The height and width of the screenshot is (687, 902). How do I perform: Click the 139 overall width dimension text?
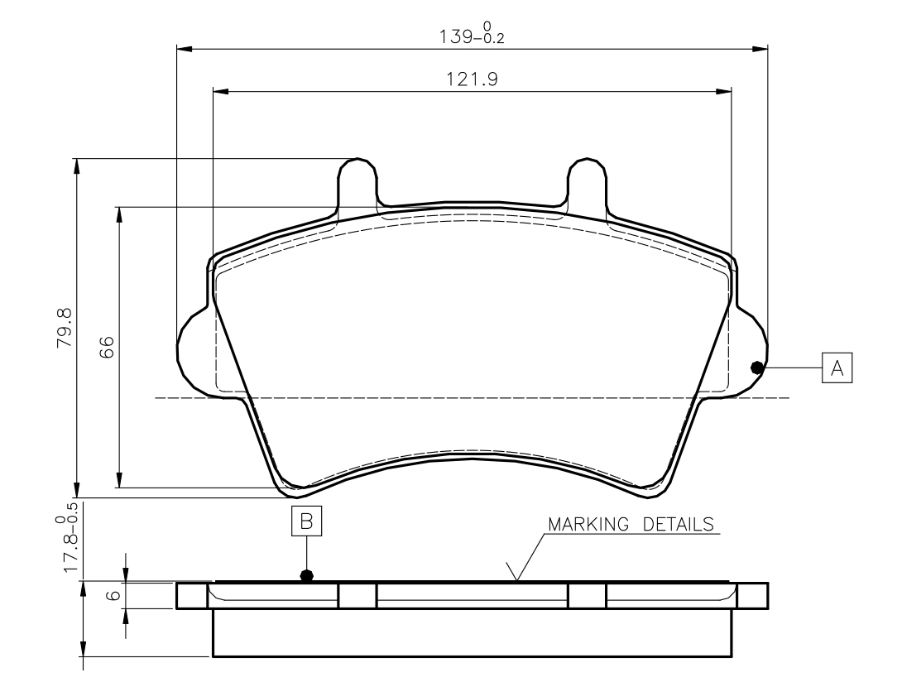(x=472, y=33)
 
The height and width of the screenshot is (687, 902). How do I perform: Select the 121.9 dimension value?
(x=472, y=79)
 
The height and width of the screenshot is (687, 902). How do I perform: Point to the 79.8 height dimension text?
(x=64, y=328)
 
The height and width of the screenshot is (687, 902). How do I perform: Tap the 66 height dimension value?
(x=107, y=348)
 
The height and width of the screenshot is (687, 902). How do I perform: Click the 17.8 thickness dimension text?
(x=67, y=538)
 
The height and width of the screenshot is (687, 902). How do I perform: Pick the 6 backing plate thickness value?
(x=114, y=594)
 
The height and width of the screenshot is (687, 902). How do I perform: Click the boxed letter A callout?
(x=837, y=368)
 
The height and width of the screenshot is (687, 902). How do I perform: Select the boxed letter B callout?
(x=306, y=521)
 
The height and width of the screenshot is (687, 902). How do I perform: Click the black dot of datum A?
(x=757, y=368)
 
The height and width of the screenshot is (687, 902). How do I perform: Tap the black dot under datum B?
(x=307, y=575)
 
